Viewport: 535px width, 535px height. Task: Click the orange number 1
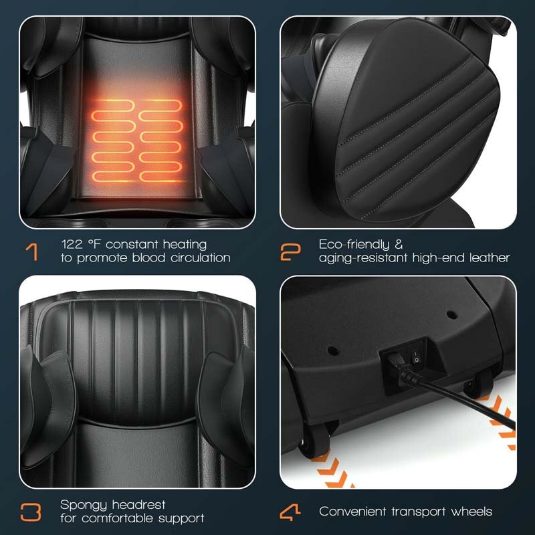coord(31,251)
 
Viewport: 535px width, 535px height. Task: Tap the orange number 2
coord(290,251)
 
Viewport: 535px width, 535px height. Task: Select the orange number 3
coord(31,512)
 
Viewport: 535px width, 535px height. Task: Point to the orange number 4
coord(290,512)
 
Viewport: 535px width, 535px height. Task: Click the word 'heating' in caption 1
coord(184,245)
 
